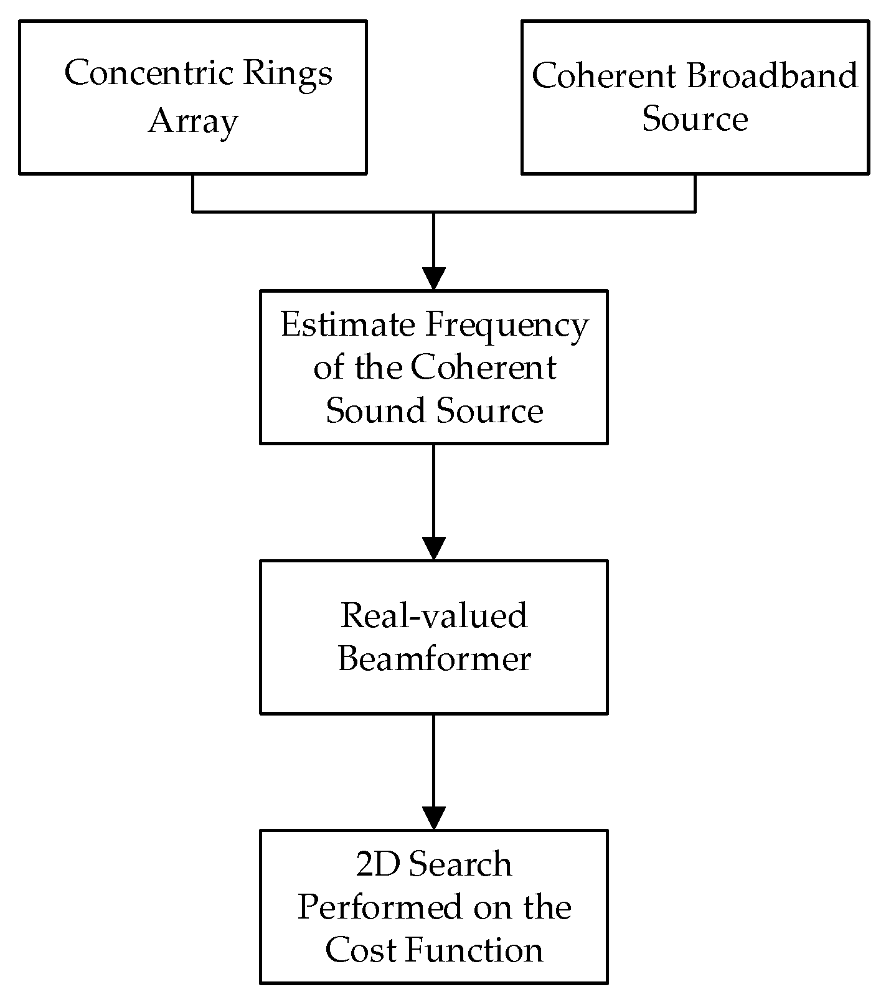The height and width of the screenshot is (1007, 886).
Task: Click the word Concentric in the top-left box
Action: click(x=149, y=73)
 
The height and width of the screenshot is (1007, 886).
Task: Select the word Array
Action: click(x=192, y=121)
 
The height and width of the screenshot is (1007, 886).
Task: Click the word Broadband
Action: click(x=771, y=76)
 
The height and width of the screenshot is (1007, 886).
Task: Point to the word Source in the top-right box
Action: click(x=694, y=118)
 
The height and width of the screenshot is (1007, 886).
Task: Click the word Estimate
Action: click(x=347, y=324)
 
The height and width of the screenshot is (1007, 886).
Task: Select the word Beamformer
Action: click(x=433, y=659)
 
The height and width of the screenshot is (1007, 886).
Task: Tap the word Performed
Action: click(x=382, y=908)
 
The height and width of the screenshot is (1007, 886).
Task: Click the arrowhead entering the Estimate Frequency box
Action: click(x=433, y=278)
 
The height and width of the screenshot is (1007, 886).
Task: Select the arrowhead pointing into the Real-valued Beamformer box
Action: click(x=433, y=548)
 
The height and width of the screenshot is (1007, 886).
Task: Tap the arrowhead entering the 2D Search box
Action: click(x=433, y=818)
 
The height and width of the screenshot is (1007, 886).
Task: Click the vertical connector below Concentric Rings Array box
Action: click(x=193, y=192)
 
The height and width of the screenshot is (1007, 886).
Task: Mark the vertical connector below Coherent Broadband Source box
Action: click(x=695, y=192)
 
